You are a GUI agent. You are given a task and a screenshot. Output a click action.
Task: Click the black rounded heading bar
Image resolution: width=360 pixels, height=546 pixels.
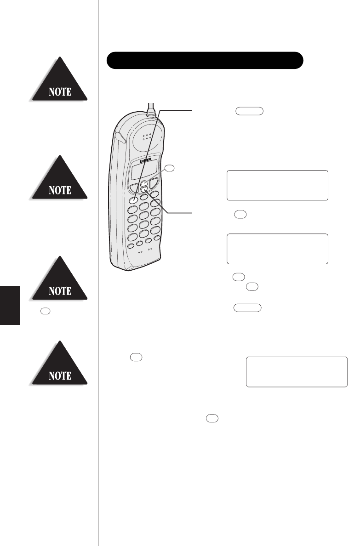(x=205, y=60)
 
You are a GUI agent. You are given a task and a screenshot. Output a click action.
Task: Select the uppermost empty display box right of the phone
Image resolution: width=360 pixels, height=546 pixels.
(x=277, y=185)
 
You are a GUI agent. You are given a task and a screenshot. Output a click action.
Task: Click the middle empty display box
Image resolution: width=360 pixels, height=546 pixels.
(x=277, y=249)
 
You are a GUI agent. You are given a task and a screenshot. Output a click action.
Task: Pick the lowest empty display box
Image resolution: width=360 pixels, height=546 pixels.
(x=297, y=371)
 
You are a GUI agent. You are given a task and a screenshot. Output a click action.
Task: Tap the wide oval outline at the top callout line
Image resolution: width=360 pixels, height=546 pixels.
(x=249, y=111)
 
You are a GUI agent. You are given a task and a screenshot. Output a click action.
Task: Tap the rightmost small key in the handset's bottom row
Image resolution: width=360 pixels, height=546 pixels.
(x=157, y=238)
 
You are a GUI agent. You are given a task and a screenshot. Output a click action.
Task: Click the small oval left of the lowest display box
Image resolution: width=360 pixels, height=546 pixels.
(x=137, y=356)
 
